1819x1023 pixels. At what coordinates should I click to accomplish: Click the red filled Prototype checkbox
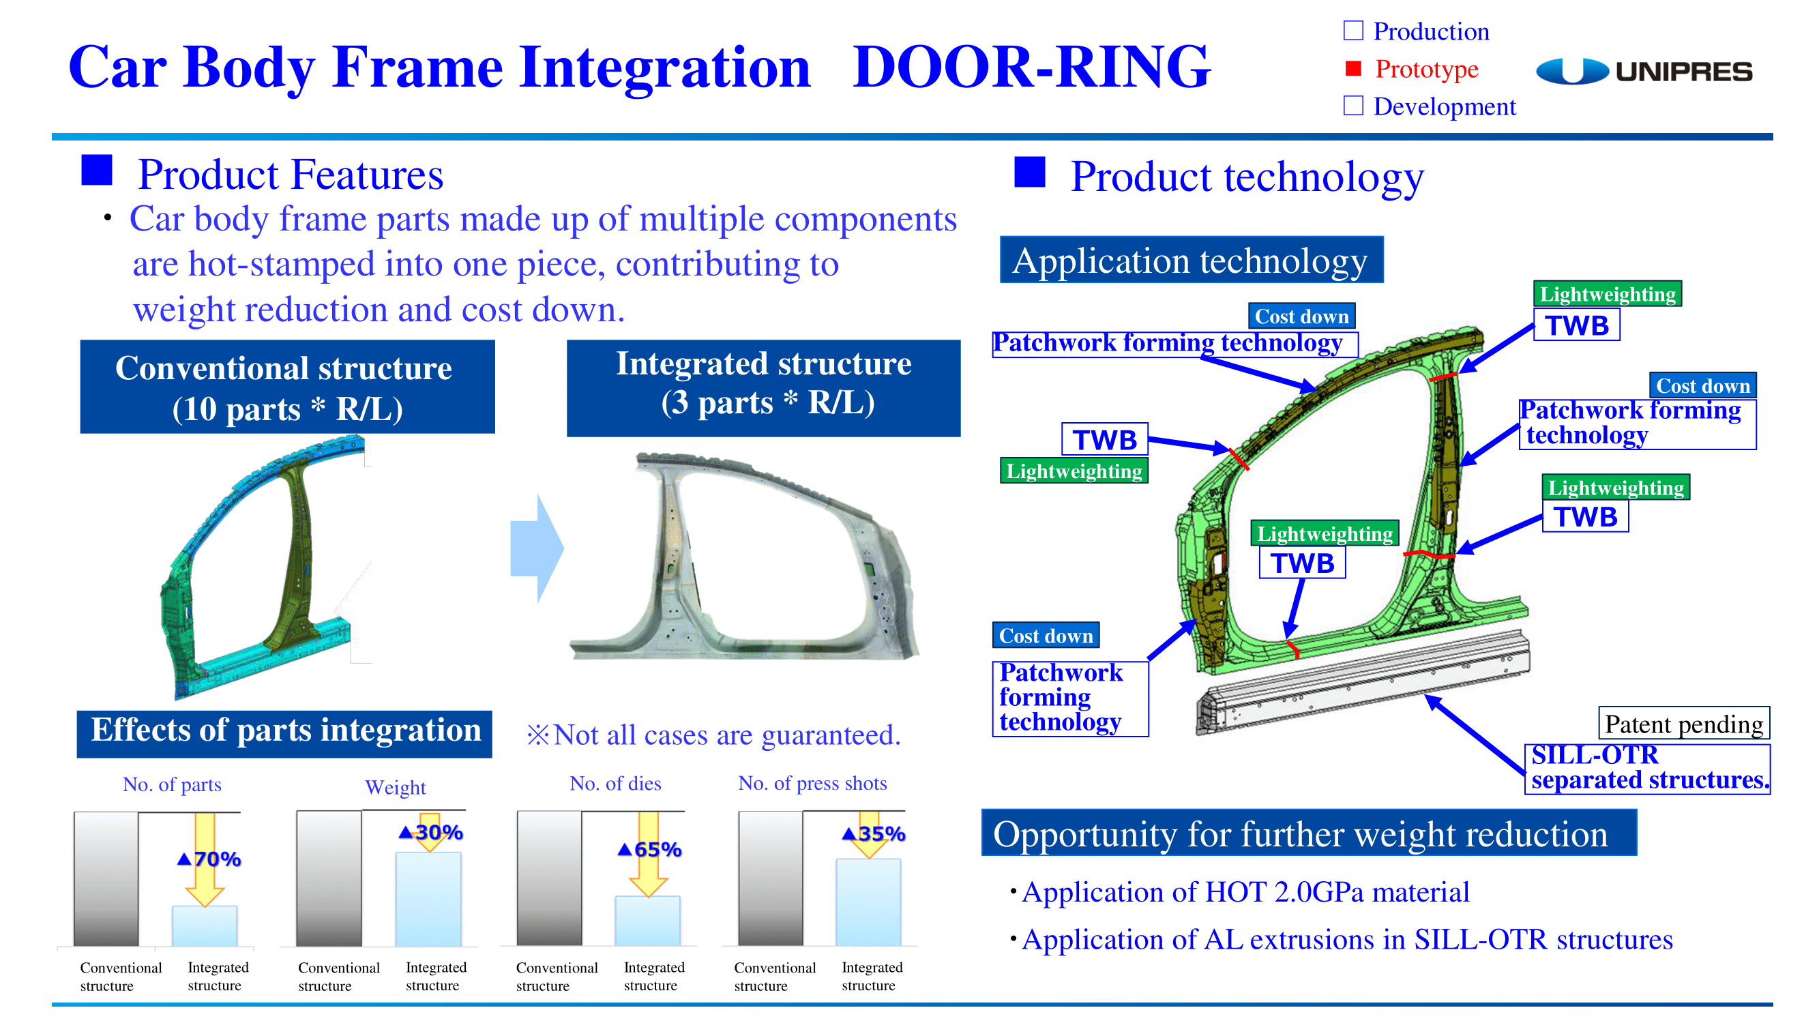pyautogui.click(x=1353, y=68)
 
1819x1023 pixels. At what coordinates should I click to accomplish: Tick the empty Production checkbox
pyautogui.click(x=1353, y=31)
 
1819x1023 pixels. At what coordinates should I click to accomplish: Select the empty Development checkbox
pyautogui.click(x=1353, y=105)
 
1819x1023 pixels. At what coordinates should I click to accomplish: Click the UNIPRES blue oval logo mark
pyautogui.click(x=1572, y=72)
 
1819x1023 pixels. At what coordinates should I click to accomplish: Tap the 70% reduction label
pyautogui.click(x=209, y=859)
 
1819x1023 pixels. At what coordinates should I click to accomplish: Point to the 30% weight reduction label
pyautogui.click(x=431, y=832)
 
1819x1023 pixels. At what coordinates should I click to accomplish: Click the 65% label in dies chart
pyautogui.click(x=649, y=849)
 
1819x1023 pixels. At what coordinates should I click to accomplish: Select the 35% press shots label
pyautogui.click(x=874, y=834)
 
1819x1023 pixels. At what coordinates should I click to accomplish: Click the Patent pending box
pyautogui.click(x=1683, y=724)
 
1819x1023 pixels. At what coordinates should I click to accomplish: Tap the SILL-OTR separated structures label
pyautogui.click(x=1646, y=768)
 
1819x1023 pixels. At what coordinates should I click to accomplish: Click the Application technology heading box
pyautogui.click(x=1192, y=260)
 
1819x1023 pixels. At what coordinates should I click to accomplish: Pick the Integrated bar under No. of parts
pyautogui.click(x=205, y=925)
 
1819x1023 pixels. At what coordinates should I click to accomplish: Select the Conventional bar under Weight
pyautogui.click(x=329, y=878)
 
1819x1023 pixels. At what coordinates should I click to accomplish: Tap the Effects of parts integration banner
pyautogui.click(x=284, y=733)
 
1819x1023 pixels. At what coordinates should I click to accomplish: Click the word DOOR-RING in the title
pyautogui.click(x=1032, y=67)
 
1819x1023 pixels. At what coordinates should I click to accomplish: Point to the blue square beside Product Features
pyautogui.click(x=97, y=170)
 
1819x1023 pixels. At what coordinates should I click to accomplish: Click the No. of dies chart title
pyautogui.click(x=615, y=783)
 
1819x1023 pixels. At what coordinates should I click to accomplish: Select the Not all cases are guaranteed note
pyautogui.click(x=713, y=735)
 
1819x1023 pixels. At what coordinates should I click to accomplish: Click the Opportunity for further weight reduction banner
pyautogui.click(x=1308, y=833)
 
